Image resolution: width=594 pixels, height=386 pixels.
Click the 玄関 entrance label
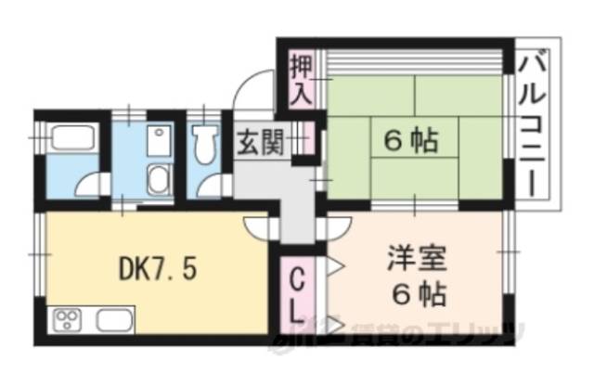pos(255,145)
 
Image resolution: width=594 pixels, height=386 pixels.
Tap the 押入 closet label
pos(300,80)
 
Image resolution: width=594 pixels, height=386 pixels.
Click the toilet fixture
pos(202,141)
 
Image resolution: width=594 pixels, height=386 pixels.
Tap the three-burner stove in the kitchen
pos(70,322)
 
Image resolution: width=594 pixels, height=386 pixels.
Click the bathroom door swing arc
pos(91,184)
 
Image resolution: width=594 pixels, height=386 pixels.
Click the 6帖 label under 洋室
pos(415,296)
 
